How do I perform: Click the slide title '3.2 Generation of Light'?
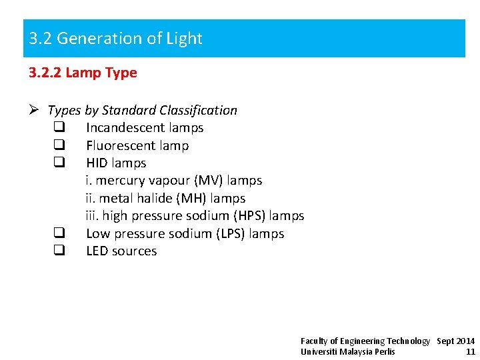pyautogui.click(x=115, y=39)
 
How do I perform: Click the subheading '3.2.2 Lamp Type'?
pyautogui.click(x=83, y=73)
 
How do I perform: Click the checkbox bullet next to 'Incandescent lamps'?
pyautogui.click(x=59, y=127)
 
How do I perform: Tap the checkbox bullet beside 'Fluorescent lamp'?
pyautogui.click(x=59, y=145)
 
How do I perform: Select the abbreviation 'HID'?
pyautogui.click(x=97, y=163)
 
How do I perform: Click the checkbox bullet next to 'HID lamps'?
pyautogui.click(x=59, y=163)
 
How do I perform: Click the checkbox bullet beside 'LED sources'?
pyautogui.click(x=59, y=251)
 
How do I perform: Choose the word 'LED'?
pyautogui.click(x=97, y=251)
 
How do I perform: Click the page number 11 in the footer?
pyautogui.click(x=471, y=351)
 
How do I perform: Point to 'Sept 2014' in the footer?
pyautogui.click(x=455, y=341)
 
